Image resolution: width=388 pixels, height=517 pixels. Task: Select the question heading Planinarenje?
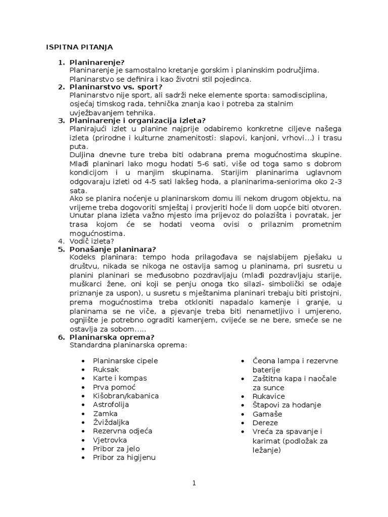point(96,63)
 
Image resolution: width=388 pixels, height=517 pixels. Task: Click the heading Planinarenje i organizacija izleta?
point(137,120)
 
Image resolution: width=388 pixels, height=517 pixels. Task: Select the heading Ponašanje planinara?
point(113,249)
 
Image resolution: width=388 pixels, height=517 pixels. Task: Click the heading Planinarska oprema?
point(112,337)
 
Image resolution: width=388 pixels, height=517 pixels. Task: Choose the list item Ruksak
point(106,370)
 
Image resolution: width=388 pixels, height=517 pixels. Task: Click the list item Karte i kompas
point(120,378)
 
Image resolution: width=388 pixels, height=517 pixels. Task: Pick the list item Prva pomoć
point(114,387)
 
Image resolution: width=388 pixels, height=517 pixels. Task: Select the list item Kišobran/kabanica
point(126,396)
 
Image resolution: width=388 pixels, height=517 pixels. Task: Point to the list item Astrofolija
point(111,404)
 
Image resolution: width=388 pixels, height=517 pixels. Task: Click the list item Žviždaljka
point(111,422)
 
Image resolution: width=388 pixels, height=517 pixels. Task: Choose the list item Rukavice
point(269,396)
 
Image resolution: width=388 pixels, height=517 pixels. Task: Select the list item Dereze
point(265,423)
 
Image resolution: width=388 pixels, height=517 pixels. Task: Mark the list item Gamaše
point(267,413)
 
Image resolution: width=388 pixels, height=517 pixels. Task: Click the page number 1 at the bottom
point(194,483)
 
